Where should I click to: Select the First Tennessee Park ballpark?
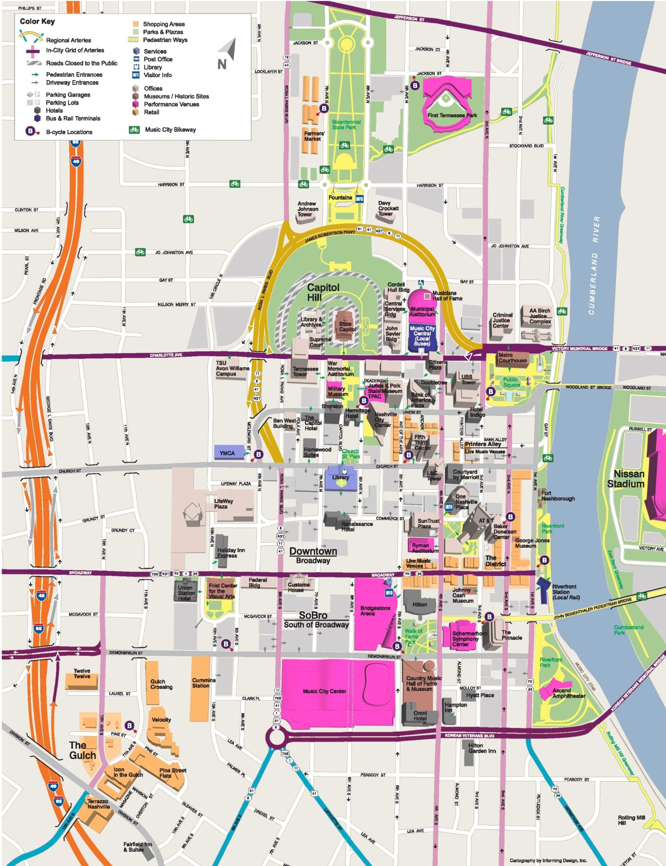(x=447, y=104)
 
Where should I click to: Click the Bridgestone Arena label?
(x=375, y=611)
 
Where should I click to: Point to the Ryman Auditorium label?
(x=424, y=548)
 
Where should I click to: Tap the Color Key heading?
(x=37, y=21)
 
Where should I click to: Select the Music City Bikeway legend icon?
(x=134, y=130)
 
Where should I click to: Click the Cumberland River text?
(x=594, y=265)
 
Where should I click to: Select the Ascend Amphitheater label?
(x=569, y=693)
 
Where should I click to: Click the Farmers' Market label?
(x=314, y=136)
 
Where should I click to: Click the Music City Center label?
(x=324, y=691)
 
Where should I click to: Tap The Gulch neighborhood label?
(x=83, y=750)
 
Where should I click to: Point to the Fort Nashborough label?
(x=558, y=496)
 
